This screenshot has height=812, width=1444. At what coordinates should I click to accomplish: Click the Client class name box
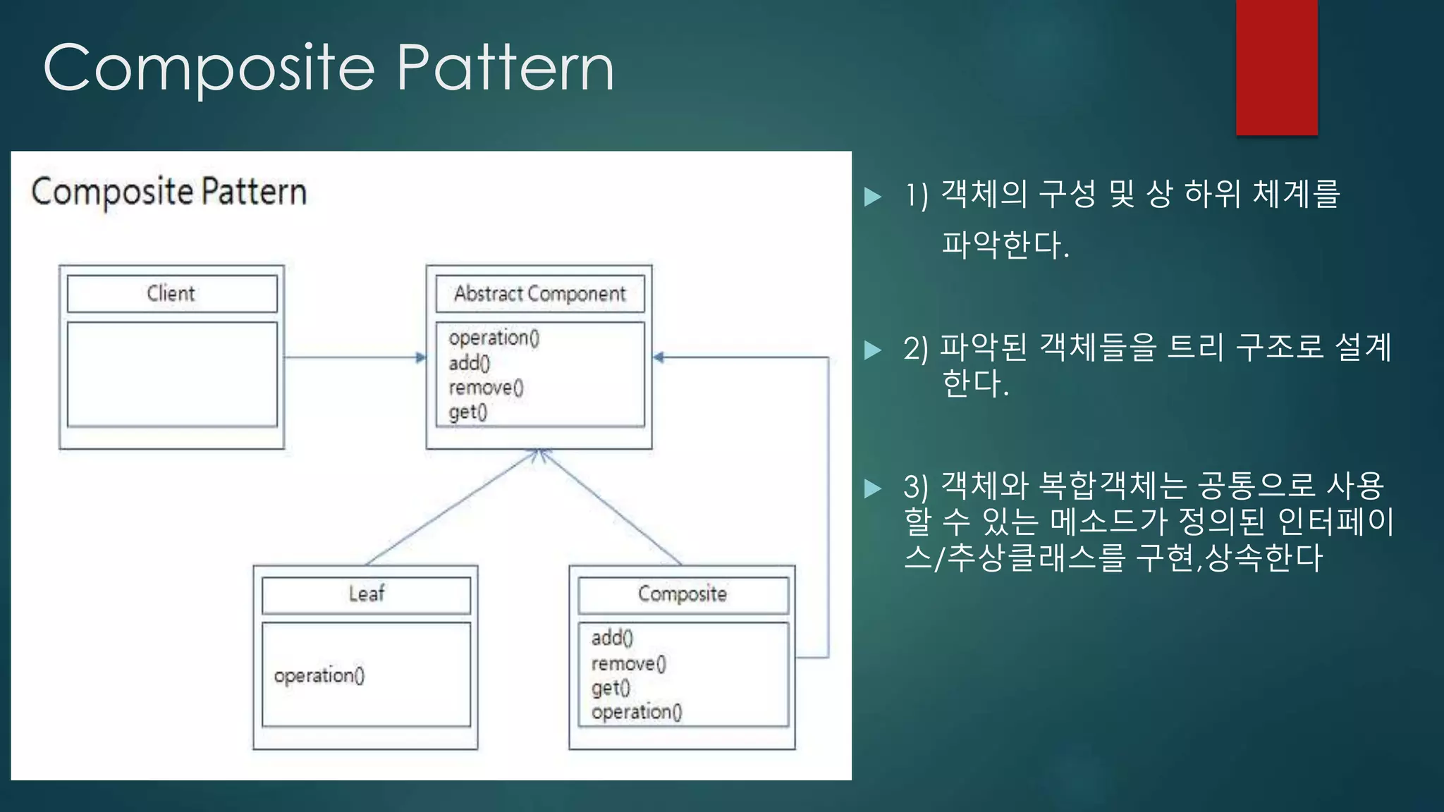tap(171, 293)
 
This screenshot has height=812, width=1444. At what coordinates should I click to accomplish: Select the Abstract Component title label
tap(539, 294)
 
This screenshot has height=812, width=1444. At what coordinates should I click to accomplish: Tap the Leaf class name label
tap(366, 593)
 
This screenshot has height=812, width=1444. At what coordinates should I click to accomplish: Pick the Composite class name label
tap(682, 594)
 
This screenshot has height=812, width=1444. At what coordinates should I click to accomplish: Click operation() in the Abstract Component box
tap(494, 338)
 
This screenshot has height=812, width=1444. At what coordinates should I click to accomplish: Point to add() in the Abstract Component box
tap(469, 363)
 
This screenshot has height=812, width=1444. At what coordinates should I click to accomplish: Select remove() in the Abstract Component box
tap(486, 388)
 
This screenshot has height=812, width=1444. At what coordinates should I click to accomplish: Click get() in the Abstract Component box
tap(467, 412)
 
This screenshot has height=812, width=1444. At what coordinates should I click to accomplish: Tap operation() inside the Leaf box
tap(319, 675)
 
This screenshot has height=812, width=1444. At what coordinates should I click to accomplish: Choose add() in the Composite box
tap(612, 638)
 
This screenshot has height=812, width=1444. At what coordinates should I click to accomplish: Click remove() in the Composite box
tap(628, 663)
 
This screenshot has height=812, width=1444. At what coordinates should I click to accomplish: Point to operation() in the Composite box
tap(637, 712)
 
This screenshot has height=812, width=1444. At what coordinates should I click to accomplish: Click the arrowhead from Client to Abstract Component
tap(421, 357)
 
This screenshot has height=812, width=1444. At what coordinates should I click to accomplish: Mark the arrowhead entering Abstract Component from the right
tap(659, 357)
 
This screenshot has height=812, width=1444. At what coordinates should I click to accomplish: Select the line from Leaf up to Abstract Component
tap(451, 508)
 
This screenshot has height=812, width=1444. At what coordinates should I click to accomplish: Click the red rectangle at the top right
tap(1276, 67)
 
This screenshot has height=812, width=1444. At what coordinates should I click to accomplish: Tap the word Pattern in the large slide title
tap(505, 68)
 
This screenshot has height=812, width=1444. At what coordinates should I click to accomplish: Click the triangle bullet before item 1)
tap(873, 196)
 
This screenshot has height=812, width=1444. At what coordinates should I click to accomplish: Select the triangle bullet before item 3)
tap(873, 488)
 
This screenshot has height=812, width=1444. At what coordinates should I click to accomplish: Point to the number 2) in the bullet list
tap(916, 348)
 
